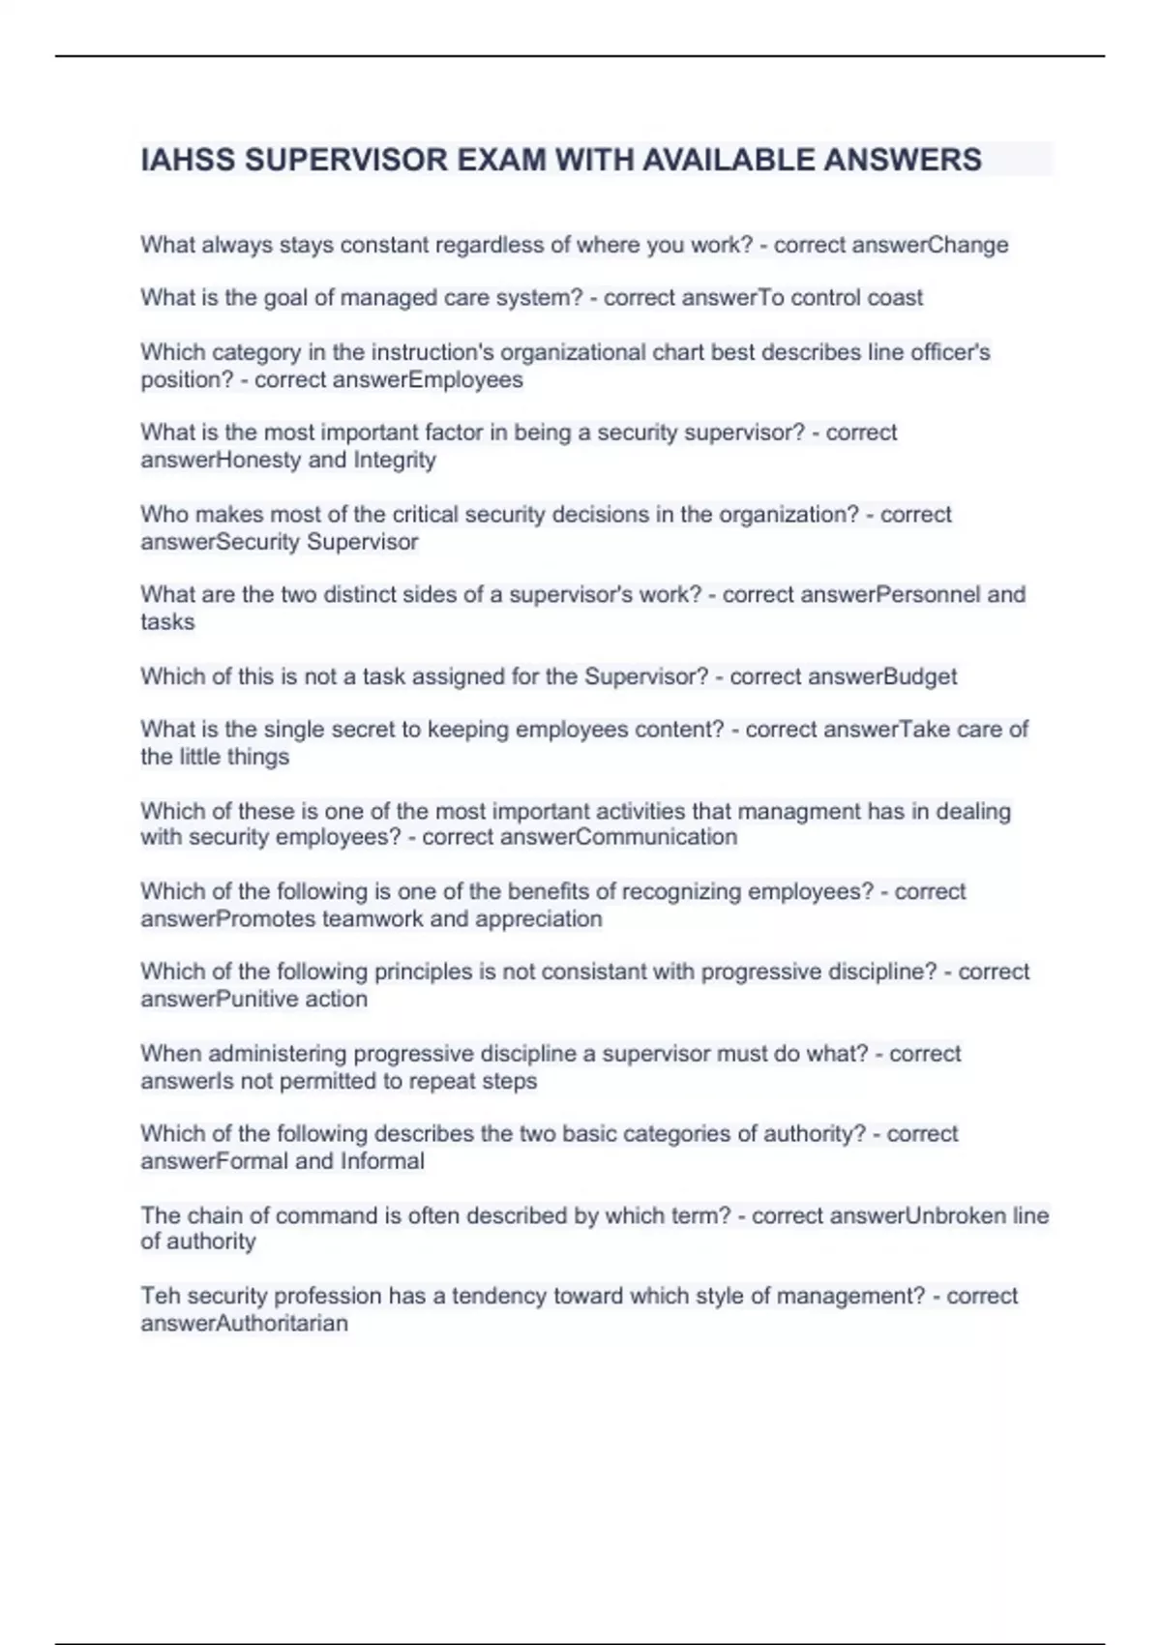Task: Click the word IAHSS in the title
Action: [188, 160]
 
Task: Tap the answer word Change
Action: [967, 245]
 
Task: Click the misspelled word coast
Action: [895, 298]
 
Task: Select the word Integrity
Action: [395, 460]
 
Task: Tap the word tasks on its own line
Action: [167, 622]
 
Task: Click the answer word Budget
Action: [920, 676]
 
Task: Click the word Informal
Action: [382, 1161]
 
